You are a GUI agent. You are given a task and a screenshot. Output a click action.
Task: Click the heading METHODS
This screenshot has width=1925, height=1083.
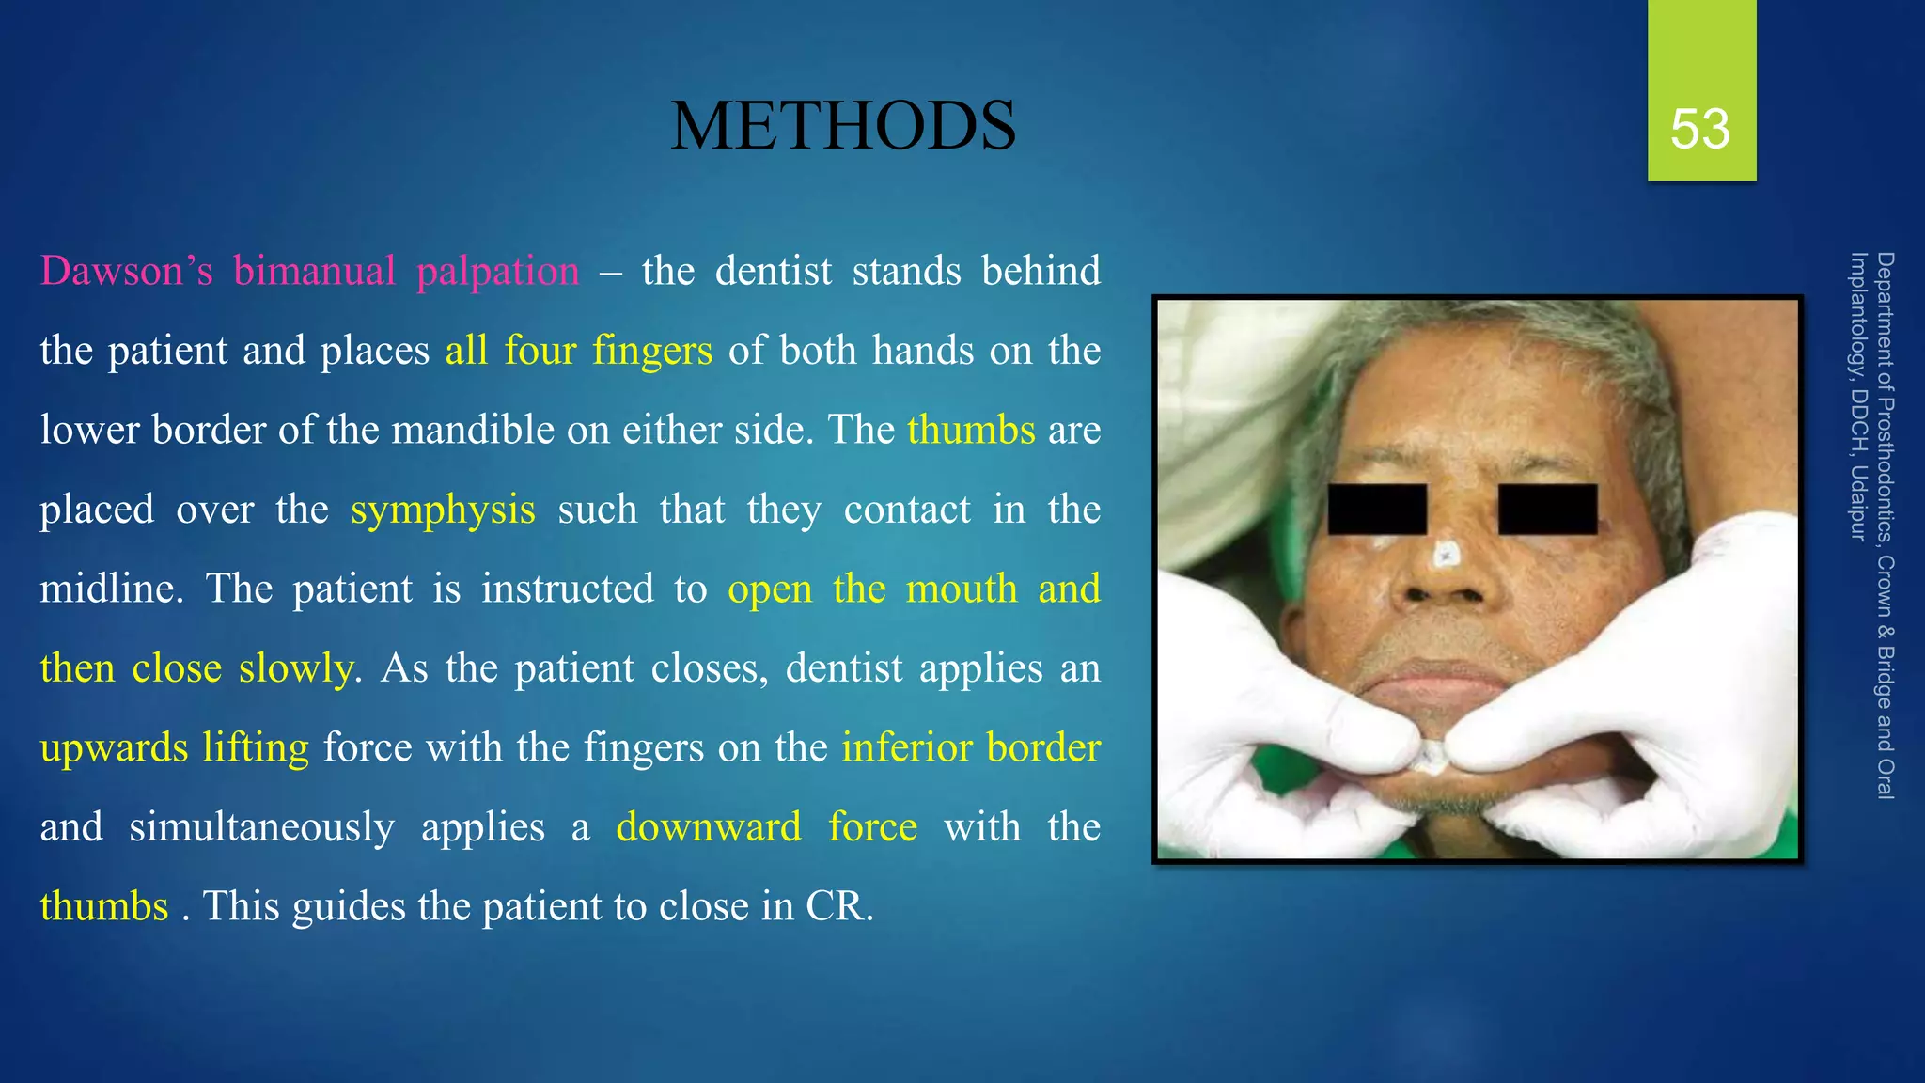(842, 127)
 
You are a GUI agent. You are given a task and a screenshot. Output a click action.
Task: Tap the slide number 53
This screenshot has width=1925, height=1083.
(1700, 129)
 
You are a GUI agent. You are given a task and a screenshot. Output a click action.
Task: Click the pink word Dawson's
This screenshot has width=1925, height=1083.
(127, 272)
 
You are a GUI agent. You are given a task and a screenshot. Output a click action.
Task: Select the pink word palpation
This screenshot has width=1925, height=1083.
(497, 272)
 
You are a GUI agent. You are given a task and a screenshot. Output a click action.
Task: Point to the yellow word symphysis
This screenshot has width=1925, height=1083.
(443, 510)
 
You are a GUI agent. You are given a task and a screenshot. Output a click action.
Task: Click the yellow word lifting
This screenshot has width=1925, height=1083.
(255, 748)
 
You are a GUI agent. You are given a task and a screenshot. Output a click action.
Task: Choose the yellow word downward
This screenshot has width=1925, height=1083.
(709, 827)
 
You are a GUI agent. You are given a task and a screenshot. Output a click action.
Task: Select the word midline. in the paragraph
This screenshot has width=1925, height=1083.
(112, 589)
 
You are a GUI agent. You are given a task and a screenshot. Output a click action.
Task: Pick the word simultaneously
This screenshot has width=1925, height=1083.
(261, 827)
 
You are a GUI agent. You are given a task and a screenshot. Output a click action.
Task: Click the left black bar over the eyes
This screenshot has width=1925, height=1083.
(1377, 510)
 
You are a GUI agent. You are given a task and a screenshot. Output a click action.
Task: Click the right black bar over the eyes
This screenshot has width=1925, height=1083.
(1547, 510)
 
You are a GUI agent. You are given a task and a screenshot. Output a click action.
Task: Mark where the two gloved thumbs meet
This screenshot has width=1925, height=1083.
(1432, 752)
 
